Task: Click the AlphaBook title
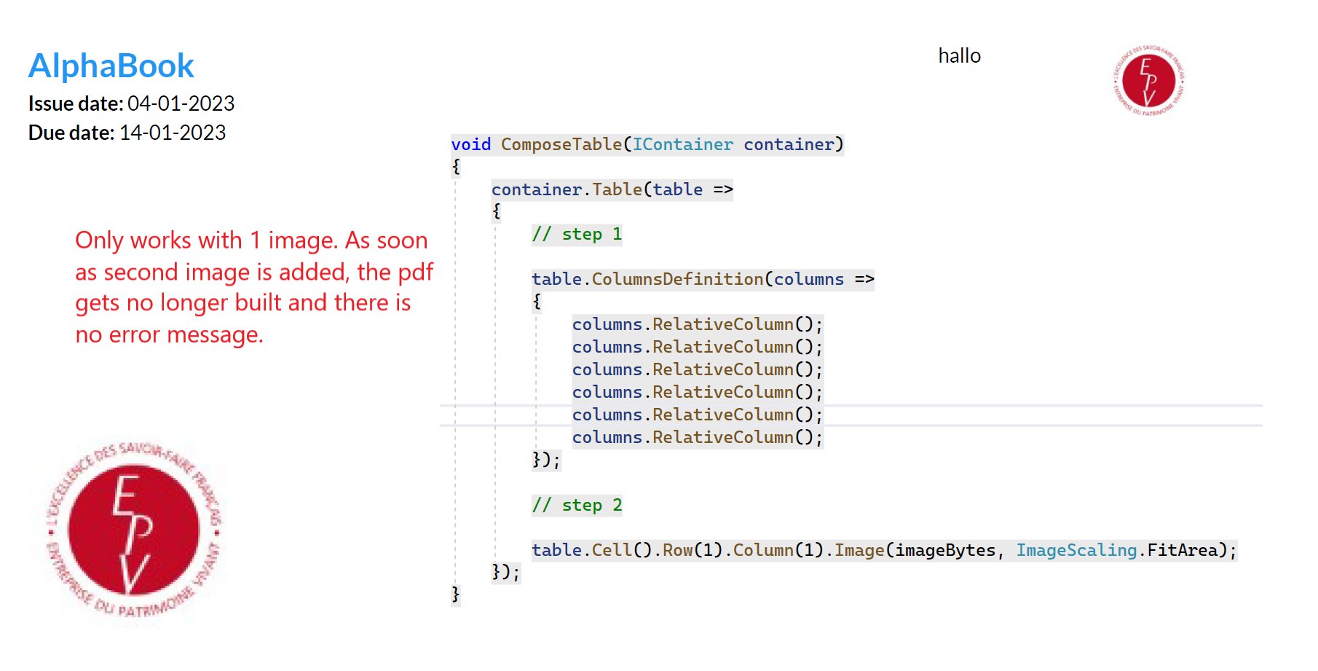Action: [111, 66]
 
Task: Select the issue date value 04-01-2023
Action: [181, 103]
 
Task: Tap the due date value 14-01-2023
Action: [173, 133]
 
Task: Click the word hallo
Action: [959, 56]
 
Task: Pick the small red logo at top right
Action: [1148, 80]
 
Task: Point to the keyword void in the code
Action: [470, 144]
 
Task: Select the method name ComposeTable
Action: [561, 144]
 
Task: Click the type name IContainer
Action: [682, 144]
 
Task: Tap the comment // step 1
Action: [577, 235]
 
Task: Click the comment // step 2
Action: [577, 506]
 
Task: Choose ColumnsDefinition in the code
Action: [677, 279]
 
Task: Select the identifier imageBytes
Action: [945, 550]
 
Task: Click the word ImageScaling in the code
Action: [1076, 550]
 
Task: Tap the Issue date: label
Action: [76, 103]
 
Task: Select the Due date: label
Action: [71, 133]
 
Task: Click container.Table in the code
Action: [567, 189]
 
